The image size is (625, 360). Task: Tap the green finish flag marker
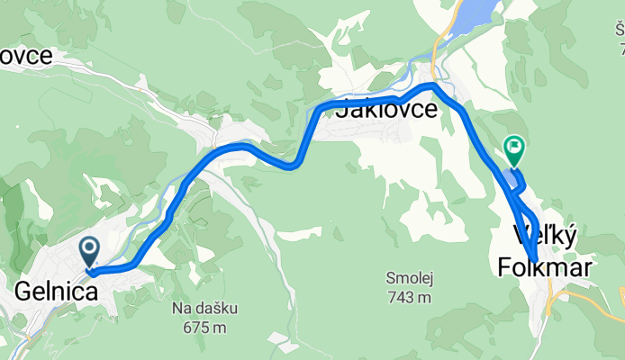click(514, 147)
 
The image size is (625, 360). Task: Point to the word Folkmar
click(545, 266)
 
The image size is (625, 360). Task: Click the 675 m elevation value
click(200, 328)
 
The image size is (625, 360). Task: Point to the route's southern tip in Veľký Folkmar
click(534, 260)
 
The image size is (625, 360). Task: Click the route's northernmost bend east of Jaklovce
click(434, 85)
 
